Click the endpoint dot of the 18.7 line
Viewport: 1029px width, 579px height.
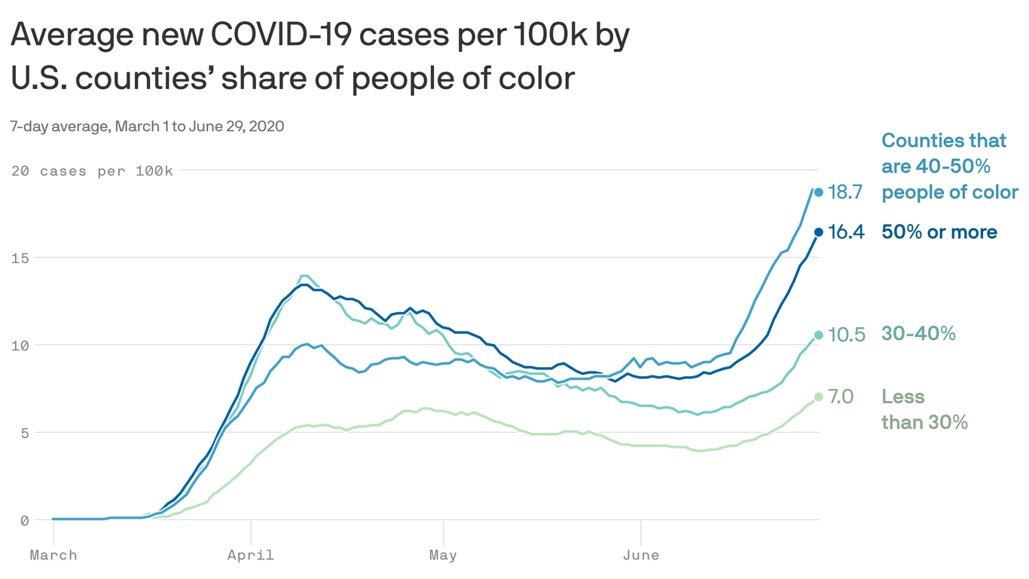pyautogui.click(x=818, y=192)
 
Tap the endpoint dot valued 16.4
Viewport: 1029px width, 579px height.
pyautogui.click(x=818, y=232)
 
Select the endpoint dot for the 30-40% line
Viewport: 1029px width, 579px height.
pyautogui.click(x=818, y=335)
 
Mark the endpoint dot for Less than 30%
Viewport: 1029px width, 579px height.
pyautogui.click(x=818, y=397)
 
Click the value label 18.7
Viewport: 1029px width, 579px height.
pyautogui.click(x=844, y=192)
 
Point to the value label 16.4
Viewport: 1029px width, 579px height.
pyautogui.click(x=845, y=232)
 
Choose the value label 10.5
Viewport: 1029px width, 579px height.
pyautogui.click(x=846, y=334)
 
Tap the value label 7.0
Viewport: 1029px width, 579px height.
pyautogui.click(x=841, y=397)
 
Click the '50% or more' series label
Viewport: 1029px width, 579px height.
pyautogui.click(x=939, y=232)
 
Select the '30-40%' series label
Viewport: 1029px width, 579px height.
pyautogui.click(x=918, y=334)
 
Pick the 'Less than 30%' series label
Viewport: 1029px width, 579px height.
pyautogui.click(x=924, y=409)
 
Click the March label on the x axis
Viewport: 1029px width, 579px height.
pyautogui.click(x=53, y=556)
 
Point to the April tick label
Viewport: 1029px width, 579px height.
pyautogui.click(x=251, y=556)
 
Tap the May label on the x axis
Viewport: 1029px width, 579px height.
pyautogui.click(x=443, y=556)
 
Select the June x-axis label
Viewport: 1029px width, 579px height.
pyautogui.click(x=641, y=556)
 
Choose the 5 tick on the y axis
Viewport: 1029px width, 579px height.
pyautogui.click(x=24, y=433)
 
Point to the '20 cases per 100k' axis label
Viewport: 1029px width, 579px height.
pyautogui.click(x=92, y=171)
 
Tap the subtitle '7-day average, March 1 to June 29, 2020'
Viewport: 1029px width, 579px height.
pyautogui.click(x=147, y=126)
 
